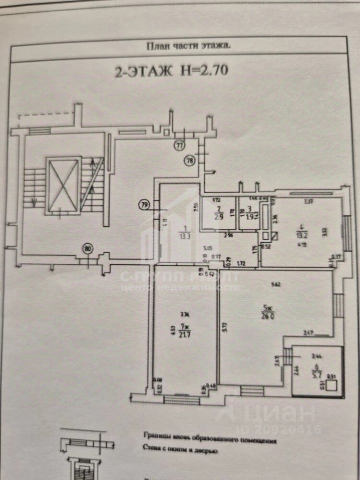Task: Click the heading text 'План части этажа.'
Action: coord(187,46)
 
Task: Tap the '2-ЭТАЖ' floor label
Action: coord(141,71)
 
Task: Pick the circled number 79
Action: coord(144,204)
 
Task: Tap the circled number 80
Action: coord(88,248)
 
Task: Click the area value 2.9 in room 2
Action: coord(219,216)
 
